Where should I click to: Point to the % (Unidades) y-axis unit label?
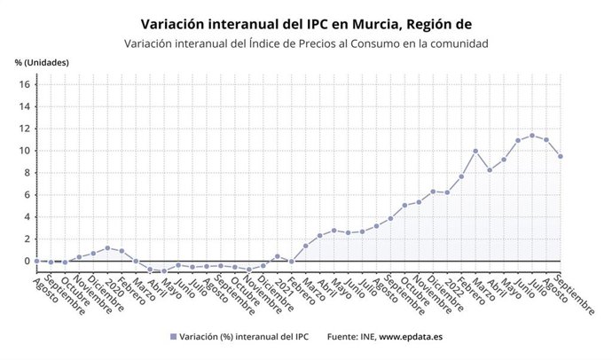[42, 63]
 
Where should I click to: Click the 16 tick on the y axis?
[25, 84]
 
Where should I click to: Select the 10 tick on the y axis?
[25, 150]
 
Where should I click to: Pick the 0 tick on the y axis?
[27, 261]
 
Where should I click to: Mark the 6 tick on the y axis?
[27, 194]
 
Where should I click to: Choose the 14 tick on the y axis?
[25, 106]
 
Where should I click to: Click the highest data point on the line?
[532, 136]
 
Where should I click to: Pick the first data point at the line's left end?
[36, 261]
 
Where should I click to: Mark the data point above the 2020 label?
[107, 248]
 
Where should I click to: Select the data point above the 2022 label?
[447, 192]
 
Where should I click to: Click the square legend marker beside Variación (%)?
[172, 337]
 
